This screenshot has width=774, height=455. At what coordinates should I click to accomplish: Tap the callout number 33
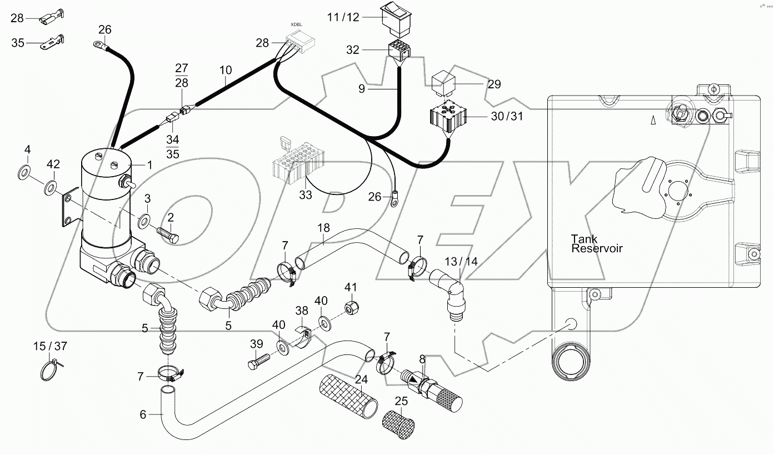(x=306, y=195)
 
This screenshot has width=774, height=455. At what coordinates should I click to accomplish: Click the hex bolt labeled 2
(x=168, y=234)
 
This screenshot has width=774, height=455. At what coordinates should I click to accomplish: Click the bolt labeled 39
(x=258, y=362)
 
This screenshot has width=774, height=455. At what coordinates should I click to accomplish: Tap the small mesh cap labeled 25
(x=398, y=424)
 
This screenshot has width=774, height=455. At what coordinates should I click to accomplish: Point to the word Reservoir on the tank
(x=597, y=248)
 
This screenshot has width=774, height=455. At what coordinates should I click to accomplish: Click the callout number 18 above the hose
(x=323, y=228)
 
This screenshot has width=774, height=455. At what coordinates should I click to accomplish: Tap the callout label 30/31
(x=507, y=116)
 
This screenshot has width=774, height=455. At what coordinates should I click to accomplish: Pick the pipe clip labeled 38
(x=303, y=336)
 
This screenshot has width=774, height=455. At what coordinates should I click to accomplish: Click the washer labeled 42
(x=51, y=188)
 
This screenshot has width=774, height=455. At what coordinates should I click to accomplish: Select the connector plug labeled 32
(x=399, y=49)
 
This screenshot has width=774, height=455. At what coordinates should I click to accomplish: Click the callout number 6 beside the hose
(x=143, y=414)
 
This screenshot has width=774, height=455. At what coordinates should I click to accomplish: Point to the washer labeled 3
(x=144, y=221)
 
